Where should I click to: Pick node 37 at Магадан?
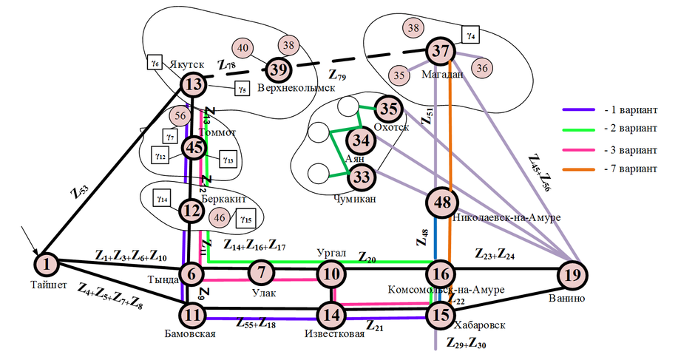tap(441, 52)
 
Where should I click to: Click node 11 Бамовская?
tap(193, 313)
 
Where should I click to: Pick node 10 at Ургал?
tap(330, 274)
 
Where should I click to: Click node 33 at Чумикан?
tap(362, 177)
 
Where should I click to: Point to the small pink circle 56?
tap(180, 115)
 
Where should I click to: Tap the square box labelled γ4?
tap(471, 34)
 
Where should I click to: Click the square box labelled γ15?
tap(245, 219)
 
